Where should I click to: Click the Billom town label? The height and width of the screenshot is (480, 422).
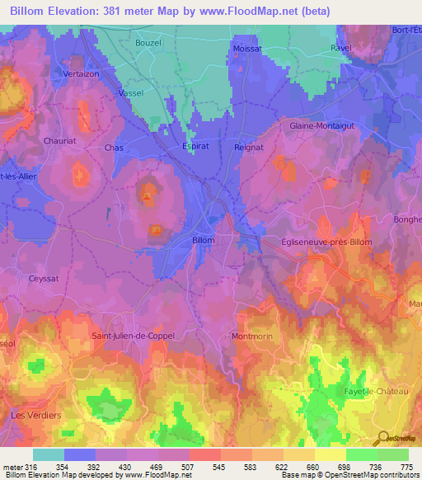click(203, 240)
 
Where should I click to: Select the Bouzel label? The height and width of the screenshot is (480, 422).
click(148, 41)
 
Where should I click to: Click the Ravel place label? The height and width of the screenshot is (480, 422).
click(341, 48)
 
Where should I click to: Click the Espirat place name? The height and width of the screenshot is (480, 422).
click(196, 147)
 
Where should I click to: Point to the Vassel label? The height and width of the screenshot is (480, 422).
click(131, 93)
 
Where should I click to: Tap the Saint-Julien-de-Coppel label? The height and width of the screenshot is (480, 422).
click(134, 336)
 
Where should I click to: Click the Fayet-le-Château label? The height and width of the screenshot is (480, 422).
click(375, 391)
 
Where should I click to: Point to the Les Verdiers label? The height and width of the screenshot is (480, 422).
click(35, 415)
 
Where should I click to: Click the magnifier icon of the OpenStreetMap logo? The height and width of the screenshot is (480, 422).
click(381, 437)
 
